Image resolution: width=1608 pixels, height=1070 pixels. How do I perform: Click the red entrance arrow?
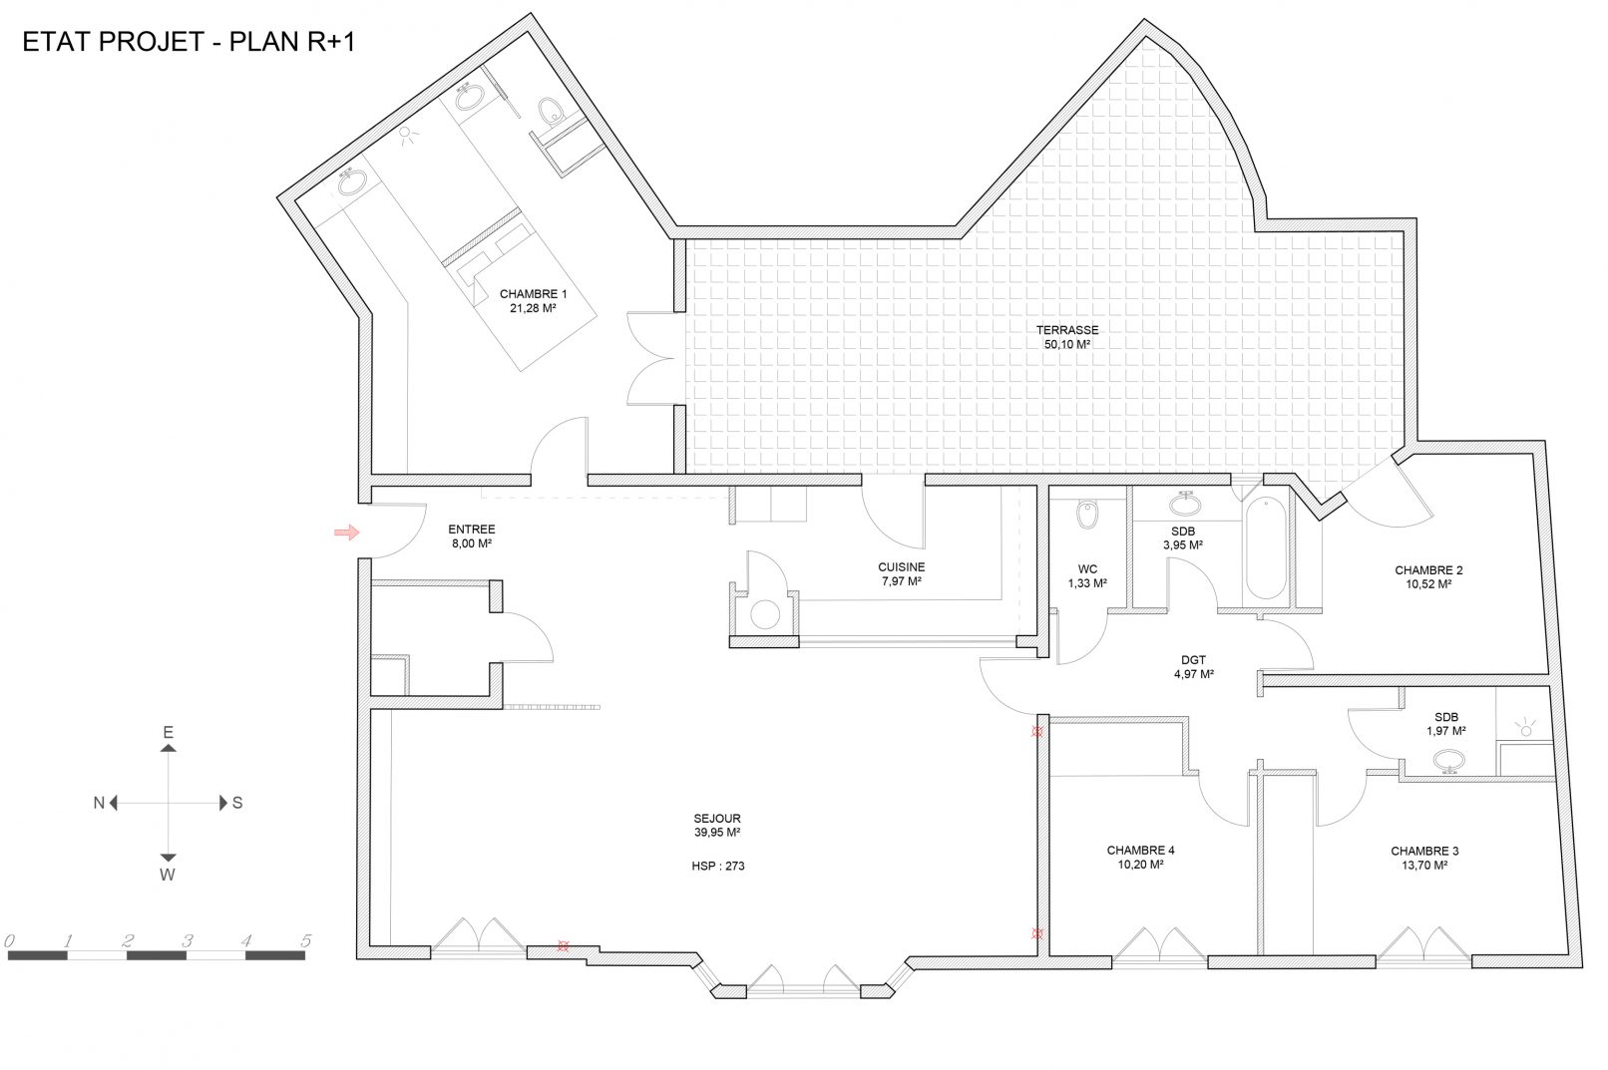point(347,532)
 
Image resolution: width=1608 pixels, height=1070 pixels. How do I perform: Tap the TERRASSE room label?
point(1066,330)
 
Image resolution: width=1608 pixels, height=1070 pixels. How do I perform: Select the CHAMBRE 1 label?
point(534,294)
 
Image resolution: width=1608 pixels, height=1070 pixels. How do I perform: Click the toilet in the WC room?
point(1087,514)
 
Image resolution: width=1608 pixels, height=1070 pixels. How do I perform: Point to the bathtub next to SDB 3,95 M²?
point(1266,547)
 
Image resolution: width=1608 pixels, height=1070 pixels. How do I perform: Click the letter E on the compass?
point(168,732)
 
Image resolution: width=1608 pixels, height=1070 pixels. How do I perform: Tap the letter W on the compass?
point(168,875)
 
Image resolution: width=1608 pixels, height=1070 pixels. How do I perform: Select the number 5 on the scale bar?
point(306,940)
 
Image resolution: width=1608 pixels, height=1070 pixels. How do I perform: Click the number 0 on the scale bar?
point(9,940)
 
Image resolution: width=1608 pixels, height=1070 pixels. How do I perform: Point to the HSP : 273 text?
point(718,867)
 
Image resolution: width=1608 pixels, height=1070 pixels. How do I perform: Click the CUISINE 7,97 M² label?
point(902,574)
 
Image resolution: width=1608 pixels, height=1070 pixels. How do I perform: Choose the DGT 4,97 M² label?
point(1194,667)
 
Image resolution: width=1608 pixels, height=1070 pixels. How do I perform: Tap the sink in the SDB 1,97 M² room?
point(1449,761)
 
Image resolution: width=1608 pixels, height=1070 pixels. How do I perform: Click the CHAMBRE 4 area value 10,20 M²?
point(1141,865)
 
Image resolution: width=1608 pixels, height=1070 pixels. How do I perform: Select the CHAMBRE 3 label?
point(1424,852)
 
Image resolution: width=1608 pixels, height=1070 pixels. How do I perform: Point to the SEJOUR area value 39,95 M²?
point(717,833)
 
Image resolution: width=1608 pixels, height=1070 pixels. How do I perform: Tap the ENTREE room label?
point(472,530)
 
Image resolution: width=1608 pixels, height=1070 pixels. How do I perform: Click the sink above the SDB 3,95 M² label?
point(1185,505)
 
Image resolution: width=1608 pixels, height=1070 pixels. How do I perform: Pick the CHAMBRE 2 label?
point(1428,570)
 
